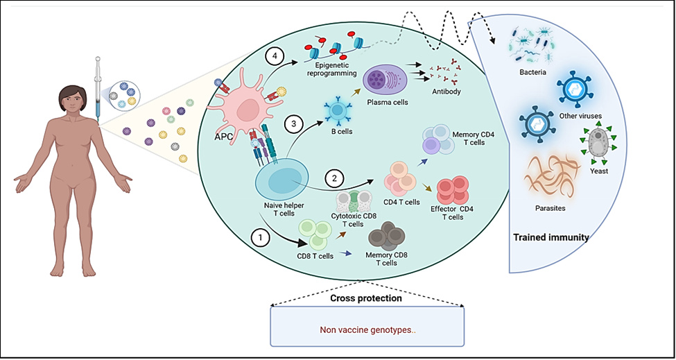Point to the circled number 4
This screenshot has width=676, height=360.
point(275,55)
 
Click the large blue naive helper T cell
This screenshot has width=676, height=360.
point(284,178)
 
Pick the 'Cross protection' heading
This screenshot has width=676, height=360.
point(365,298)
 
